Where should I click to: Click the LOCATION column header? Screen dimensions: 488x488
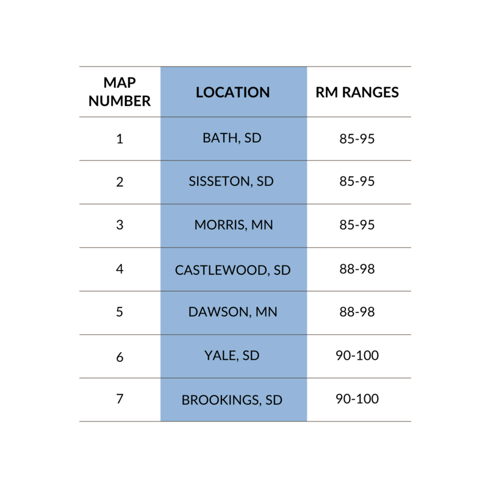pos(232,93)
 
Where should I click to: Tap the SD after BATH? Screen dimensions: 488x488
pos(253,138)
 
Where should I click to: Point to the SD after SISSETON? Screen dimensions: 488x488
pos(265,182)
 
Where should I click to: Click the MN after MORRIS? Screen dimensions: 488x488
pos(262,225)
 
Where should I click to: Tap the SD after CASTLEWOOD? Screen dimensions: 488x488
pos(282,270)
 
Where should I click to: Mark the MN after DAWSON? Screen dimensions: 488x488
pos(267,312)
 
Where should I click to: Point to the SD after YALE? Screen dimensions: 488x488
pos(251,356)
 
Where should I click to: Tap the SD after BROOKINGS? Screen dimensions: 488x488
pos(274,401)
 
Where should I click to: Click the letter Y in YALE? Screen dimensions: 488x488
pos(208,356)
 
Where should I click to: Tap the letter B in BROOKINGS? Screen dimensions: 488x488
pos(185,401)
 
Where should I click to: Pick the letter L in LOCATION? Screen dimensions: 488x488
pos(199,93)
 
